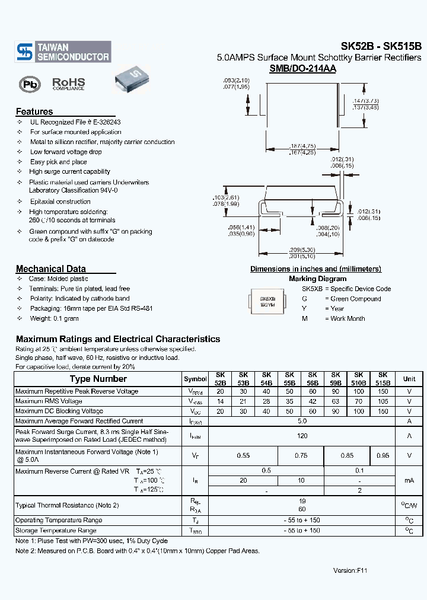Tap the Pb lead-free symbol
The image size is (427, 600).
click(x=30, y=84)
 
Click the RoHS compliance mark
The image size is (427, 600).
click(x=69, y=84)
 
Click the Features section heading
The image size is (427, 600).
click(x=34, y=111)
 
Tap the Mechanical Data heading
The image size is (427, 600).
click(x=50, y=269)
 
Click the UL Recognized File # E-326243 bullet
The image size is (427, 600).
click(x=75, y=122)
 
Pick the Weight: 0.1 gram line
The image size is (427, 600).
click(x=54, y=318)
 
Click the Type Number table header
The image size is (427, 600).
click(x=98, y=379)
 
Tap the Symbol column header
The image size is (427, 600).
click(x=195, y=379)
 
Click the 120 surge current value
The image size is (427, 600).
click(x=302, y=436)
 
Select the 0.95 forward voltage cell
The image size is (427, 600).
click(x=383, y=455)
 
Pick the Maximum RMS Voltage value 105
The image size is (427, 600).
click(x=383, y=401)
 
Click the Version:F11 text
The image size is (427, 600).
click(x=350, y=570)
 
